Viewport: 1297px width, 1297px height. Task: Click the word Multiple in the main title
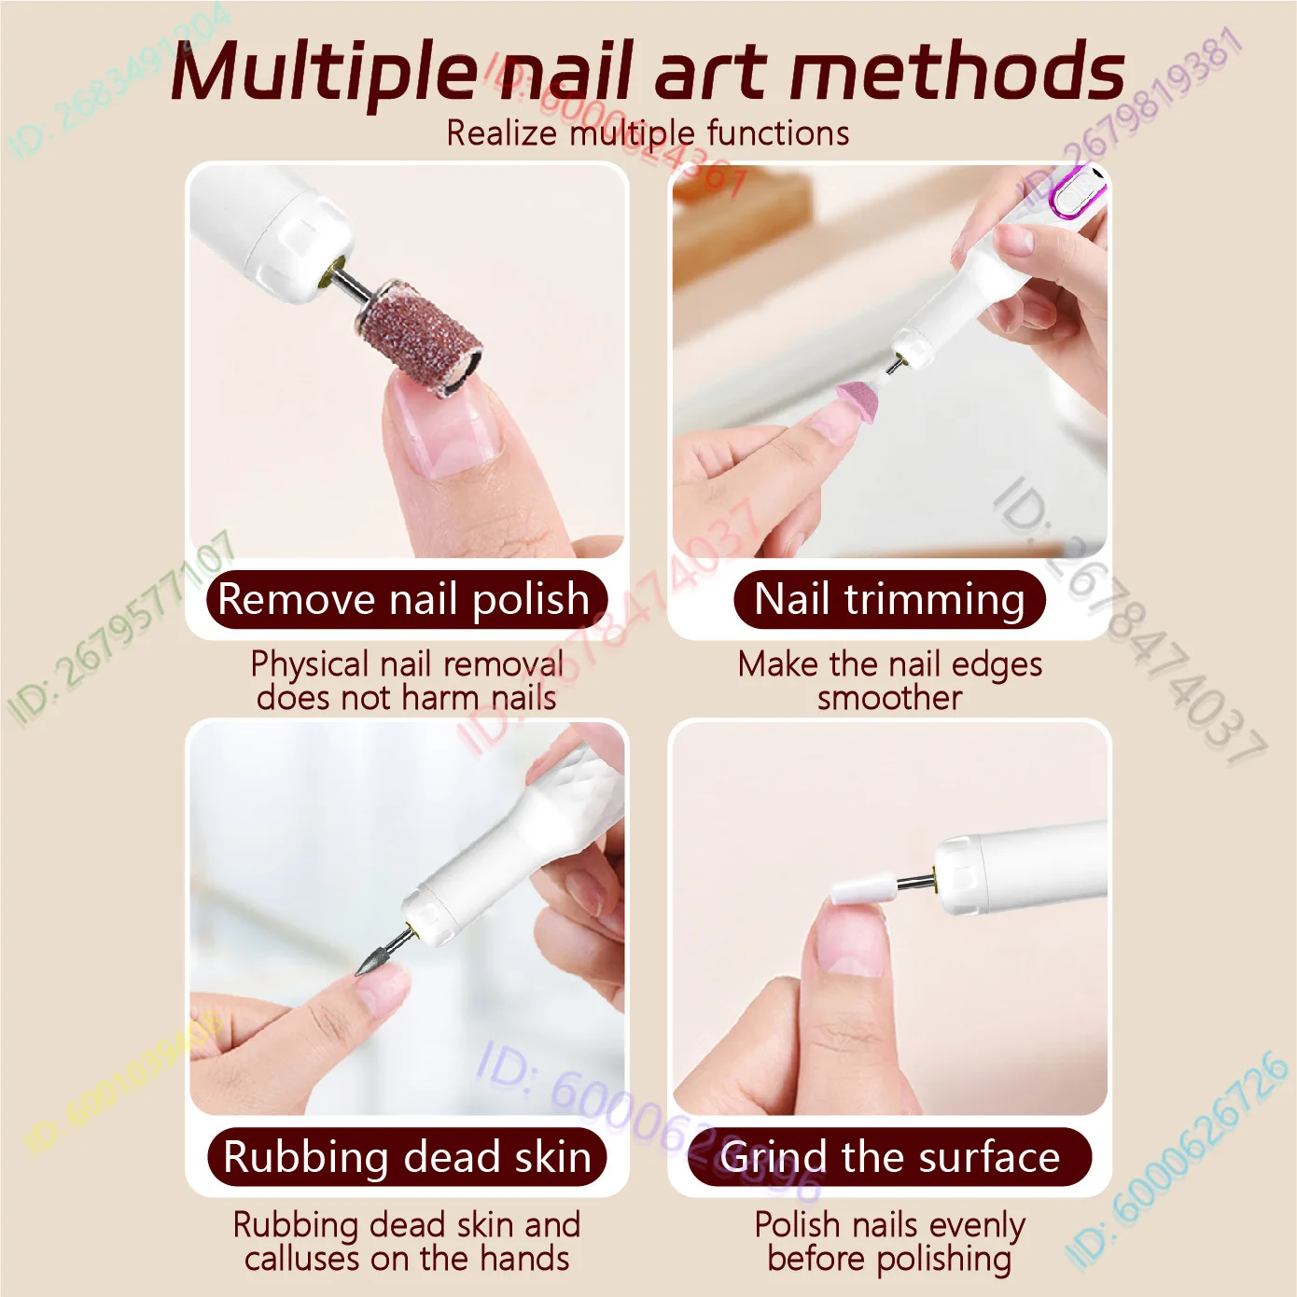(323, 73)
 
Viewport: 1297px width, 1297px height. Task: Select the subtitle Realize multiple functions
(648, 133)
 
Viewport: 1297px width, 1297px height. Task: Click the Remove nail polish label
(404, 599)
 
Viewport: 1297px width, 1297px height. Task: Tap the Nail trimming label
(889, 599)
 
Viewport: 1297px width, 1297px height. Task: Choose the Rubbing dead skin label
(407, 1157)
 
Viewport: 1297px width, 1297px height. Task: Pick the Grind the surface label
(889, 1157)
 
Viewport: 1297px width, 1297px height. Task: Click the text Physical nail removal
(407, 664)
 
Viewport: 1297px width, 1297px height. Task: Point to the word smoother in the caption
(889, 698)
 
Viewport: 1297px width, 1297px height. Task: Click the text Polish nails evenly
(889, 1224)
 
